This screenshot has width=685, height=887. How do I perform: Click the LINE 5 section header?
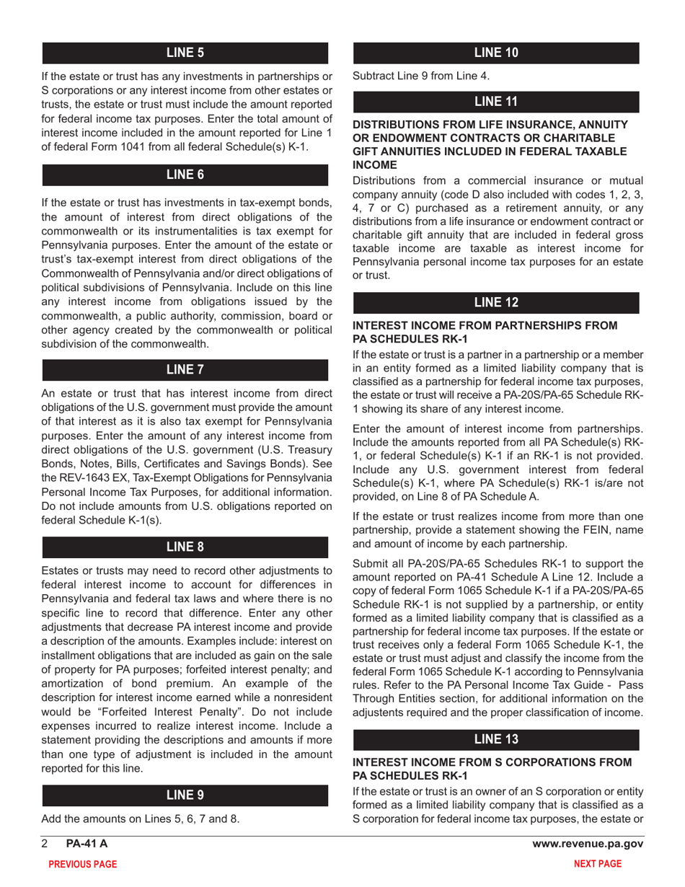[x=186, y=52]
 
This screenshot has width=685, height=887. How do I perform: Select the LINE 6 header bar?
[x=186, y=174]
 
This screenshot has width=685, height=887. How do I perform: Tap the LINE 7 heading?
[x=186, y=370]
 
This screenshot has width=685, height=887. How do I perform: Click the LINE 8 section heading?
[x=186, y=547]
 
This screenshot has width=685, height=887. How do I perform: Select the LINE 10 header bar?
[x=495, y=52]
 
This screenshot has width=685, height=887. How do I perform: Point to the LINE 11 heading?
[x=495, y=102]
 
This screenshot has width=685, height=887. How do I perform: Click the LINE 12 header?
[x=495, y=301]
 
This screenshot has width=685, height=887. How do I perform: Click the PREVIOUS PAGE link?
[x=81, y=864]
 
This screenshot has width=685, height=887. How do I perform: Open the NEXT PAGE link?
[x=596, y=864]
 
